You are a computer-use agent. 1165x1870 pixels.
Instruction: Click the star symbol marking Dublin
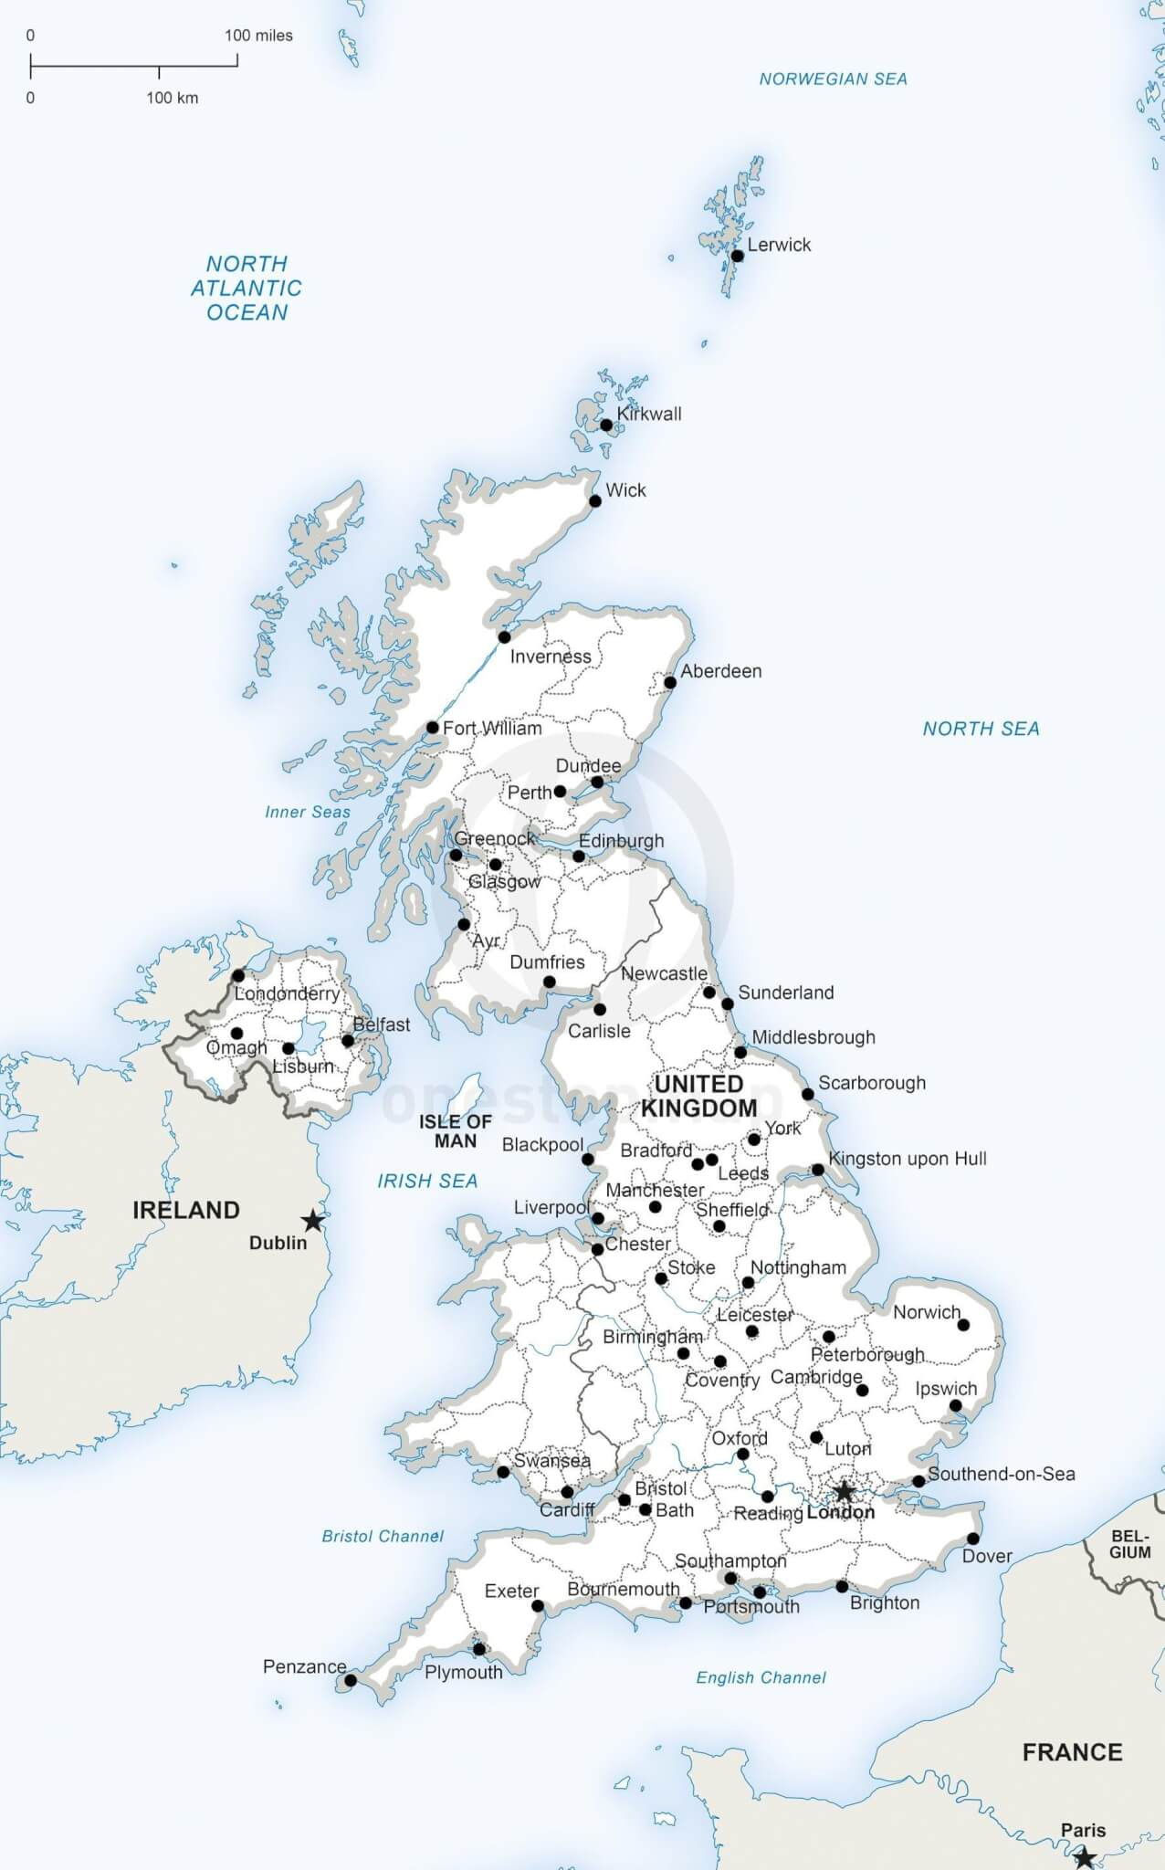pos(313,1220)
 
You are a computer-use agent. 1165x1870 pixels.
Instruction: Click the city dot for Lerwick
pos(738,256)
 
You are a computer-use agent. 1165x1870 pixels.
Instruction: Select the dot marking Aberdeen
pos(670,683)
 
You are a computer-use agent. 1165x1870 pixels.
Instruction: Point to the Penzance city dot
pos(351,1680)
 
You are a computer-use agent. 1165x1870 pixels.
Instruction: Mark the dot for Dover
pos(973,1539)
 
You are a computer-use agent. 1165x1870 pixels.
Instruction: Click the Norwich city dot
pos(963,1325)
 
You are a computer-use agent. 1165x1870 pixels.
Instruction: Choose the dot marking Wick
pos(595,501)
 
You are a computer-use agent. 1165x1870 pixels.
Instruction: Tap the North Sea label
pos(981,729)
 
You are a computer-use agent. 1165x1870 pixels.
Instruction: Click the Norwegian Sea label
pos(833,79)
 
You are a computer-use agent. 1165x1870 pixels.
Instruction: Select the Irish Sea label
pos(427,1182)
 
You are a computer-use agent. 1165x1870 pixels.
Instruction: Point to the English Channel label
pos(761,1677)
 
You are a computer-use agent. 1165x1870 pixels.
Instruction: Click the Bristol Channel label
pos(383,1537)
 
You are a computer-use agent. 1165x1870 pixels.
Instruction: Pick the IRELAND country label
pos(186,1210)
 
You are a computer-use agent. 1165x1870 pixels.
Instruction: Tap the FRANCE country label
pos(1072,1752)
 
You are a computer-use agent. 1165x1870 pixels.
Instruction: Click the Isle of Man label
pos(456,1131)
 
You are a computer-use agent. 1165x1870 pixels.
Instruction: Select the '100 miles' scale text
pos(258,36)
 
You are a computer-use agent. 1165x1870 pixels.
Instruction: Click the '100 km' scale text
pos(172,98)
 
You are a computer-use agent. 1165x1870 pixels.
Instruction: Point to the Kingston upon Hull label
pos(908,1159)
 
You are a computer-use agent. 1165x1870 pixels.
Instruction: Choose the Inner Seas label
pos(308,812)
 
